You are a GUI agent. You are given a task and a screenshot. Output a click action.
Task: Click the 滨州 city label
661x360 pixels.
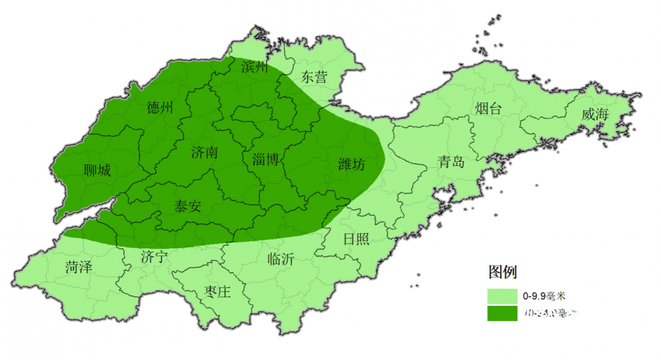point(254,67)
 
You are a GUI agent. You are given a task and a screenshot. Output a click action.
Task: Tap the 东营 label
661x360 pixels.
point(314,77)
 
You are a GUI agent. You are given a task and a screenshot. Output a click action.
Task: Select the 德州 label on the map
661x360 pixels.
point(160,108)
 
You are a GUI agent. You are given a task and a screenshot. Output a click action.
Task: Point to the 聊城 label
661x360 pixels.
point(97,170)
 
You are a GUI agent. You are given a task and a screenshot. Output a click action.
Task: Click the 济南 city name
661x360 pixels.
point(204,153)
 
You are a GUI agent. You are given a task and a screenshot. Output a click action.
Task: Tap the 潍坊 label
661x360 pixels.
point(351,164)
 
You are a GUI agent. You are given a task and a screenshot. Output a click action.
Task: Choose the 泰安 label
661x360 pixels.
point(187,205)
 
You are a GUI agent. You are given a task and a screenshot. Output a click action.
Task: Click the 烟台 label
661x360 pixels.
point(488,109)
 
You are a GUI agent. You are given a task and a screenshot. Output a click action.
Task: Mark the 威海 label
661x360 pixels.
point(595,114)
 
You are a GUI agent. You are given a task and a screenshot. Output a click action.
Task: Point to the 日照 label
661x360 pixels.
point(356,238)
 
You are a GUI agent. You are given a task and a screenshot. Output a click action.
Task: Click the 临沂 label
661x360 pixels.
point(281,258)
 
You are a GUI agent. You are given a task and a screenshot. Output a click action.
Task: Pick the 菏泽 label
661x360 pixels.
point(79,268)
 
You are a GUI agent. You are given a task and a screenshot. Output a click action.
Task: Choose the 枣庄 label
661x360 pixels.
point(217,291)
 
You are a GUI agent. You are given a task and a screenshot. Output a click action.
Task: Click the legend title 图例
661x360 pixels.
point(502,271)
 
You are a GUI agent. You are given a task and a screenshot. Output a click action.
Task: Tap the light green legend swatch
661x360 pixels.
point(502,295)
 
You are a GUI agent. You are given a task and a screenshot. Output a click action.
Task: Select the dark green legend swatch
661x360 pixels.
point(502,313)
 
